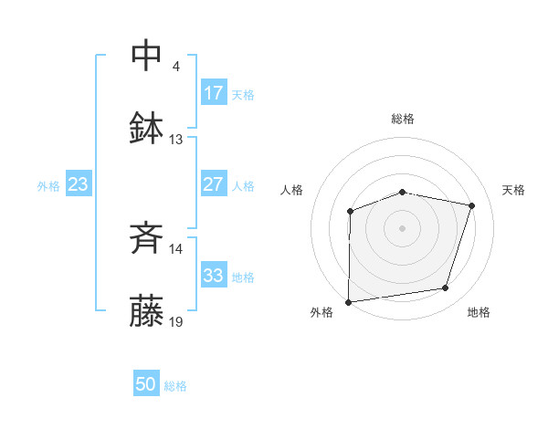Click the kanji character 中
pos(147,55)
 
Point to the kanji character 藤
pos(147,312)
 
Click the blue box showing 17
pos(214,93)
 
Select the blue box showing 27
pos(214,184)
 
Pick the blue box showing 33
pos(214,275)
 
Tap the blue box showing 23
pos(79,184)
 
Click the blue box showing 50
pos(146,385)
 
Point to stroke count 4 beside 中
pos(175,67)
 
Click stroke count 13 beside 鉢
pos(176,140)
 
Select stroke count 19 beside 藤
pos(176,321)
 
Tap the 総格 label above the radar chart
pos(403,119)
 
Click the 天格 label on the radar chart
pos(513,190)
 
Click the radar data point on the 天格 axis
pos(472,205)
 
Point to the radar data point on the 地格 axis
pos(446,288)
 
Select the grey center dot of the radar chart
pos(403,227)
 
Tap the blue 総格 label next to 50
pos(175,386)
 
